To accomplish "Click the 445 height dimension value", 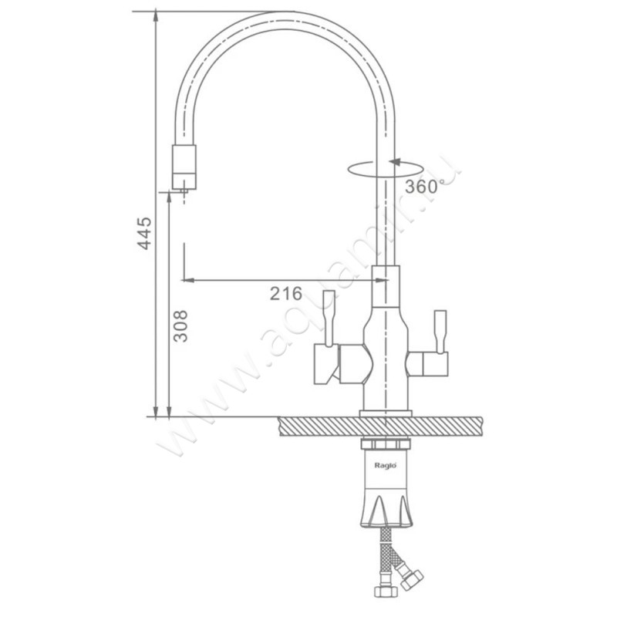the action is coord(144,233).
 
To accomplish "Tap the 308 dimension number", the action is coord(181,326).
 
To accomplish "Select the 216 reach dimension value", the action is coord(286,293).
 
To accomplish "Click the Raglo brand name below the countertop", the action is coord(385,466).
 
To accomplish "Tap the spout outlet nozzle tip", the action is coord(184,191).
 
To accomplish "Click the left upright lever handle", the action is coord(329,319).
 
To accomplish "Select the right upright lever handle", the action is coord(440,332).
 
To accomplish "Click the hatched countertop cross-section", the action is coord(380,427).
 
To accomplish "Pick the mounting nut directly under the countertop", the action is coord(386,444).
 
